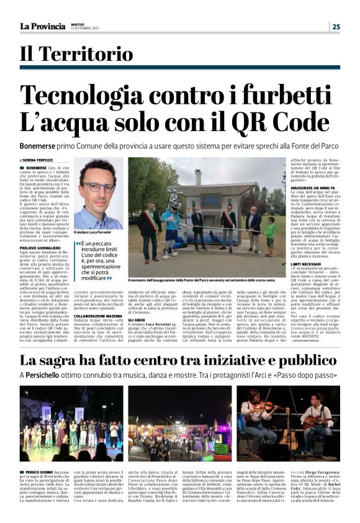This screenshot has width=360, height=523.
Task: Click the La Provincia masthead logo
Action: pyautogui.click(x=42, y=26)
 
